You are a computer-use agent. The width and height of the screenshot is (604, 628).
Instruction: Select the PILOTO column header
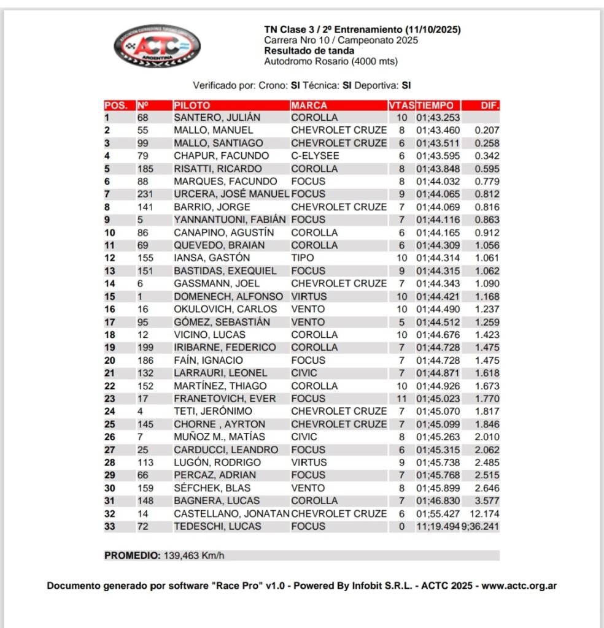(x=192, y=105)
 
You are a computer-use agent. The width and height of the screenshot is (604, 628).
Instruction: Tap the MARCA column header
(x=309, y=105)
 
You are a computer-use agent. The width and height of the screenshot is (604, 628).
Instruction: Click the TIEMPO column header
(x=435, y=105)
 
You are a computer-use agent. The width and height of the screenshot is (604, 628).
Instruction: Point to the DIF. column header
(x=490, y=105)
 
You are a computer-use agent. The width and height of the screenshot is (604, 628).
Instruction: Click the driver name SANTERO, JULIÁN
(x=217, y=117)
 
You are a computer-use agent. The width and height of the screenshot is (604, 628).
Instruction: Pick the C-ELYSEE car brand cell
(x=315, y=156)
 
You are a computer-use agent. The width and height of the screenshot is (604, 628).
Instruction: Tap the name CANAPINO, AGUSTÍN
(x=222, y=232)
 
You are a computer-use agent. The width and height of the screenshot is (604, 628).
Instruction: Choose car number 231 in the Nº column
(x=146, y=194)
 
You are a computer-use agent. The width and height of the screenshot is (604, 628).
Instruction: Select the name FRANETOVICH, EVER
(x=225, y=399)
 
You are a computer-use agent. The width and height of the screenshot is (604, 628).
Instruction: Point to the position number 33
(x=110, y=526)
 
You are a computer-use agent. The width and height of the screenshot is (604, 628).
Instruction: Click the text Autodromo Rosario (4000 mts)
(x=331, y=61)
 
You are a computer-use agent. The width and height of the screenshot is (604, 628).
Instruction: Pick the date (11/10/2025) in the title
(x=432, y=29)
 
